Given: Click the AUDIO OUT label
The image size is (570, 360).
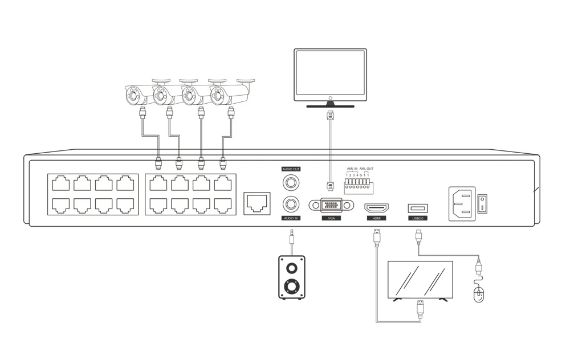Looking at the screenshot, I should pyautogui.click(x=291, y=169).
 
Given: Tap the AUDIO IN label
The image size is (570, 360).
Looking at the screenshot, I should pyautogui.click(x=291, y=218).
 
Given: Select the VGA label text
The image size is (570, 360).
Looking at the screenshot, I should pyautogui.click(x=330, y=218).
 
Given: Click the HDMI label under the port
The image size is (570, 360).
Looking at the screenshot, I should pyautogui.click(x=376, y=218).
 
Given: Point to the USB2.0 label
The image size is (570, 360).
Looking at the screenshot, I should pyautogui.click(x=417, y=218).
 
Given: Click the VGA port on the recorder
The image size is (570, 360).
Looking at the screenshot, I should pyautogui.click(x=330, y=205).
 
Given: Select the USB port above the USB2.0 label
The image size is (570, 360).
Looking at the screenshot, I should pyautogui.click(x=417, y=208).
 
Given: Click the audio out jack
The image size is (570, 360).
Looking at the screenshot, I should pyautogui.click(x=291, y=182).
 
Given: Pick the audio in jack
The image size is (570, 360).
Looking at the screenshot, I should pyautogui.click(x=291, y=204).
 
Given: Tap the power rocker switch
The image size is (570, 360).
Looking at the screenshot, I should pyautogui.click(x=482, y=203).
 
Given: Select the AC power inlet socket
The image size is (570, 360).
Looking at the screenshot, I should pyautogui.click(x=462, y=203).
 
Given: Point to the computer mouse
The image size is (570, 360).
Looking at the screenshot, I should pyautogui.click(x=479, y=293).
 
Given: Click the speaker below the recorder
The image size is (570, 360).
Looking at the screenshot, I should pyautogui.click(x=291, y=277).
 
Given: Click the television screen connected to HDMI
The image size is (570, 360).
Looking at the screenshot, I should pyautogui.click(x=420, y=279).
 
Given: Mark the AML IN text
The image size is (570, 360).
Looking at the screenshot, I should pyautogui.click(x=352, y=169).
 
